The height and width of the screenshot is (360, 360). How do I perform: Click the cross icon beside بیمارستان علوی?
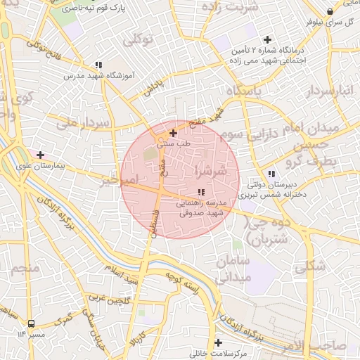coord(40,155)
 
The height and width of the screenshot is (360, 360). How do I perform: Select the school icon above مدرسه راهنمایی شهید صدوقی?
coord(201,192)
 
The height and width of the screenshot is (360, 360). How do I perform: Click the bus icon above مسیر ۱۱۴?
coord(31,324)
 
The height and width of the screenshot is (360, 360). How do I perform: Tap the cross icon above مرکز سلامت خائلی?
coord(219,342)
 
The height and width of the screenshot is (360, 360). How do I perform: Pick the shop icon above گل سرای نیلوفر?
coord(330,11)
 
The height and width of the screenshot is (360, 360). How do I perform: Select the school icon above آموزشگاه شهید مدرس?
coord(98,65)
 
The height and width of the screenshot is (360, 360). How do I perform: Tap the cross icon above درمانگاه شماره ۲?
coord(267,39)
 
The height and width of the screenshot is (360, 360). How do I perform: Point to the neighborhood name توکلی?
coord(138,39)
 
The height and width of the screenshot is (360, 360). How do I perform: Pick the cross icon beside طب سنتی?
coord(173,132)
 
